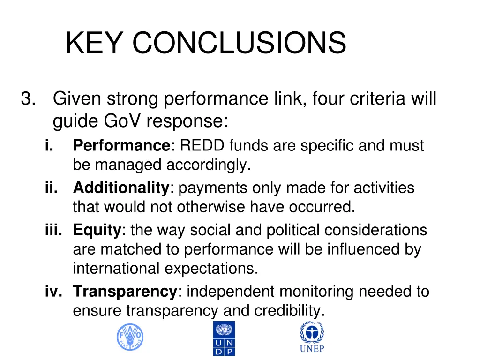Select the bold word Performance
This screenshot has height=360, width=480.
[x=122, y=146]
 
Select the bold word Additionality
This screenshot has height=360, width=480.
[x=121, y=188]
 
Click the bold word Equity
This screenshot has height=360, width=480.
[x=97, y=230]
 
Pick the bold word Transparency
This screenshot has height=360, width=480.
[x=125, y=292]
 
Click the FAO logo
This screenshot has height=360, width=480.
[x=130, y=337]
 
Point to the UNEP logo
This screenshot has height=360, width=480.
[x=312, y=337]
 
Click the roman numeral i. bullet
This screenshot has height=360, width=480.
[x=49, y=146]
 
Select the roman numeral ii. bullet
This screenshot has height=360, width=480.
[x=51, y=188]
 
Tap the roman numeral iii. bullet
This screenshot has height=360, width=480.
[x=53, y=230]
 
